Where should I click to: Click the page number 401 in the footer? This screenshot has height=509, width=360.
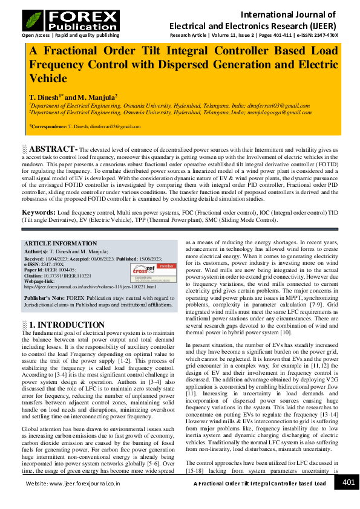point(349,482)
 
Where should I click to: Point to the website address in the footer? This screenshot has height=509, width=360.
point(73,484)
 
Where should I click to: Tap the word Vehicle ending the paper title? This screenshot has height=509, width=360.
point(48,78)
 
